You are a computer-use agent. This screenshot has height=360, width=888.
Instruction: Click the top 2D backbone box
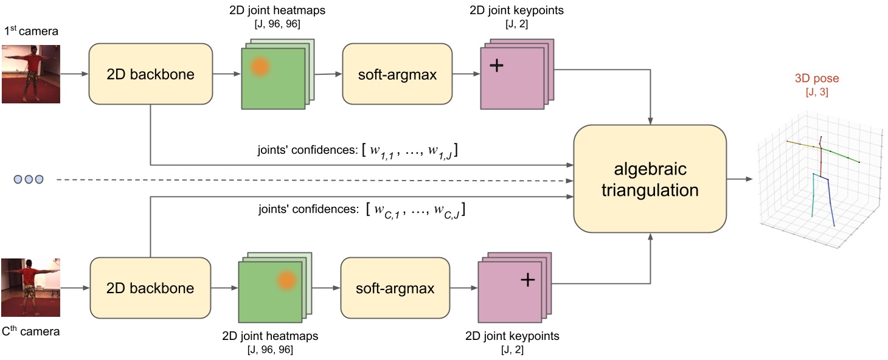click(x=150, y=74)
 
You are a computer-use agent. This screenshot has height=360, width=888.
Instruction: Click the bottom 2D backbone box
click(x=151, y=288)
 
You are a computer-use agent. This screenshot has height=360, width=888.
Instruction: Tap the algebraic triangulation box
click(x=650, y=178)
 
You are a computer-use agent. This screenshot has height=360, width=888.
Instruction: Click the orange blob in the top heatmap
click(x=260, y=66)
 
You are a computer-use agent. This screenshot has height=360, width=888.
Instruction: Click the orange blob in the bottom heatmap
click(x=286, y=280)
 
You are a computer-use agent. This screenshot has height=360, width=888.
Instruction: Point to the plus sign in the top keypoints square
click(x=497, y=65)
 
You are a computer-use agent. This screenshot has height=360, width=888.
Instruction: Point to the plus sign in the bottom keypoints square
click(x=527, y=279)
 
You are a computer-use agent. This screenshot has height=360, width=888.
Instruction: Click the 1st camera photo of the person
click(x=31, y=73)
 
